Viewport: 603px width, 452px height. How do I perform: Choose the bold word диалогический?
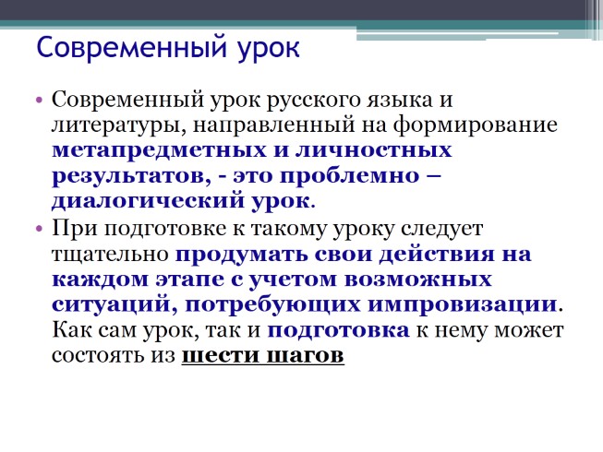click(x=163, y=200)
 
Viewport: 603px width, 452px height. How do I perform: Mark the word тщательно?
click(x=110, y=253)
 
